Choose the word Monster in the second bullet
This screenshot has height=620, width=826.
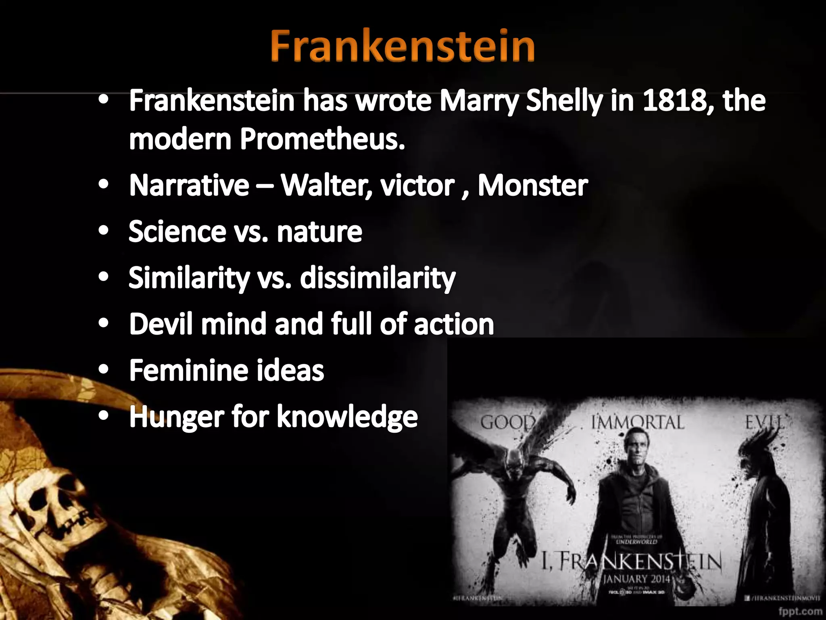532,186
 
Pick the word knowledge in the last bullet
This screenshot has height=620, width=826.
347,417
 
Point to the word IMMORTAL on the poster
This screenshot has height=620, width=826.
638,423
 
